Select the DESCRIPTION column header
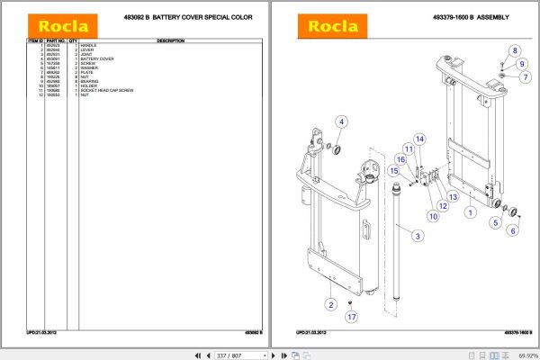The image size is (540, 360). (171, 40)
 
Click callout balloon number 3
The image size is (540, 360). (417, 237)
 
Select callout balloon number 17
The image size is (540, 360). (351, 316)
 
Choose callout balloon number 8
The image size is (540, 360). (514, 49)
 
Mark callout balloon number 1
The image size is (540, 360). (469, 213)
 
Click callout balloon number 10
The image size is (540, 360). (432, 216)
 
